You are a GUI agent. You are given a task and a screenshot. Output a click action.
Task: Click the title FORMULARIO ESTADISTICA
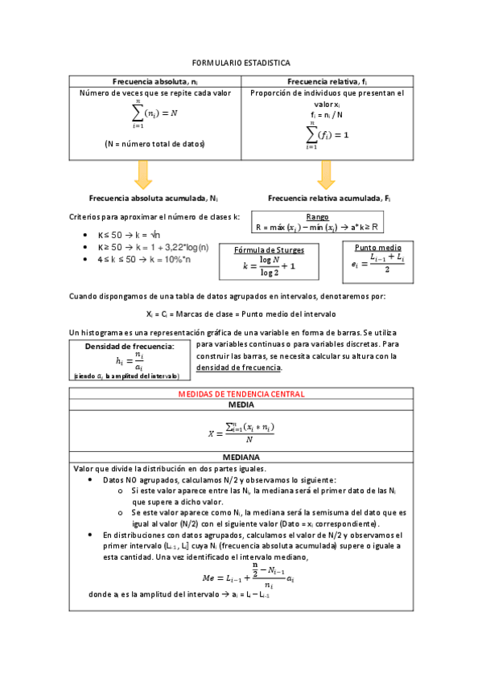pyautogui.click(x=241, y=63)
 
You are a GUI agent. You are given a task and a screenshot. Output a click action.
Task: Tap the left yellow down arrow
pyautogui.click(x=143, y=174)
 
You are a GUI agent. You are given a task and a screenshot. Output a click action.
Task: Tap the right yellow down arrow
pyautogui.click(x=326, y=174)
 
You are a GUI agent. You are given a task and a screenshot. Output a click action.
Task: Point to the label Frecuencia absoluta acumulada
pyautogui.click(x=153, y=198)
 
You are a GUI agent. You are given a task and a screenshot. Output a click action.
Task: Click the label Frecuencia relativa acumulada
pyautogui.click(x=329, y=198)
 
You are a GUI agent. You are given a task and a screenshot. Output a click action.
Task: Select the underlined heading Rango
pyautogui.click(x=317, y=217)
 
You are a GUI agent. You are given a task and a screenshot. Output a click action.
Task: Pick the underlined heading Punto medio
pyautogui.click(x=377, y=247)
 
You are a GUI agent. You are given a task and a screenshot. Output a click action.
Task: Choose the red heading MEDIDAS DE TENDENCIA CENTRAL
pyautogui.click(x=240, y=395)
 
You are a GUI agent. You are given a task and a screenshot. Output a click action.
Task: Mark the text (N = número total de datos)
pyautogui.click(x=154, y=144)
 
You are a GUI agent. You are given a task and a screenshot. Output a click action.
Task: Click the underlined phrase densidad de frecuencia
pyautogui.click(x=239, y=368)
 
